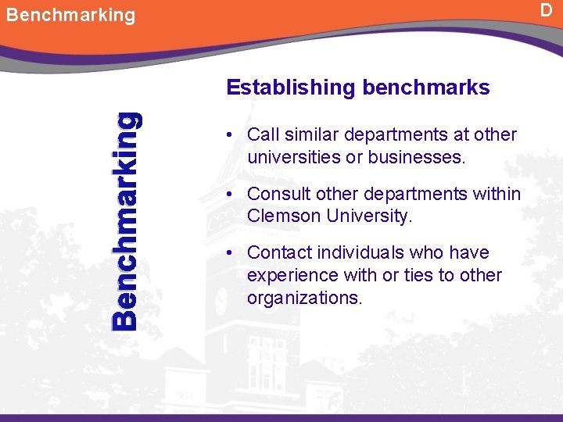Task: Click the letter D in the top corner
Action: click(547, 11)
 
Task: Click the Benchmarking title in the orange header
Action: click(70, 15)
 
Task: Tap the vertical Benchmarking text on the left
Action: click(126, 220)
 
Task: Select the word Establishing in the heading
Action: click(290, 88)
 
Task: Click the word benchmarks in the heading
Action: click(426, 88)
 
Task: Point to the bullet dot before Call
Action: click(231, 134)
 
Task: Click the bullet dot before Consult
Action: click(231, 194)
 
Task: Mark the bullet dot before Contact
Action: click(231, 253)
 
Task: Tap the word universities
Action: click(293, 157)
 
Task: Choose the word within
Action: click(493, 194)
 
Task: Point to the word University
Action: click(368, 216)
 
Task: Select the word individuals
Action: click(362, 253)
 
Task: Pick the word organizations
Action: click(304, 299)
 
